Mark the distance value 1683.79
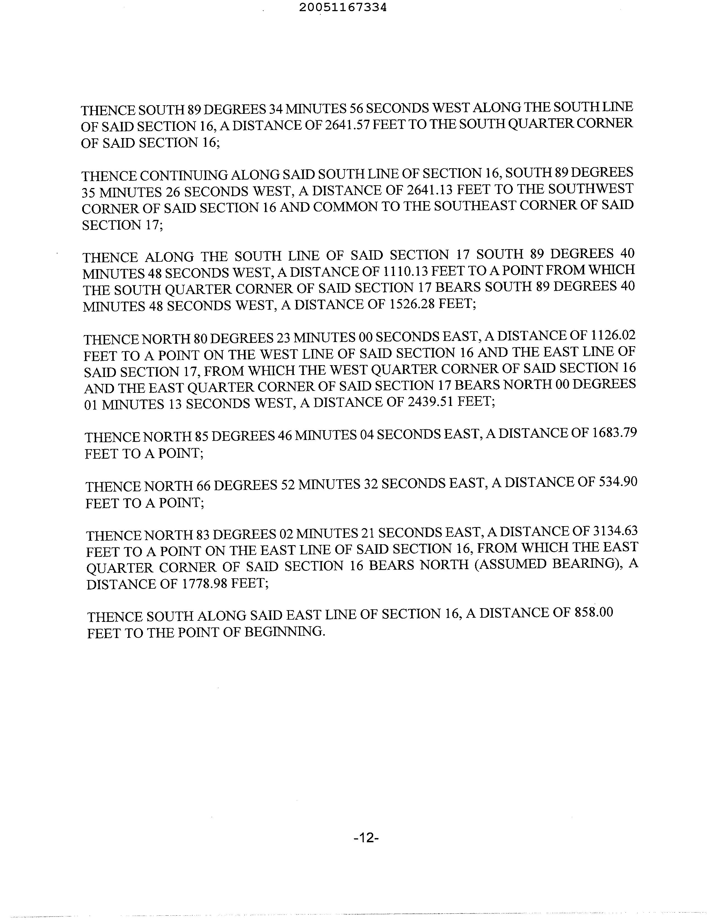615,433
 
